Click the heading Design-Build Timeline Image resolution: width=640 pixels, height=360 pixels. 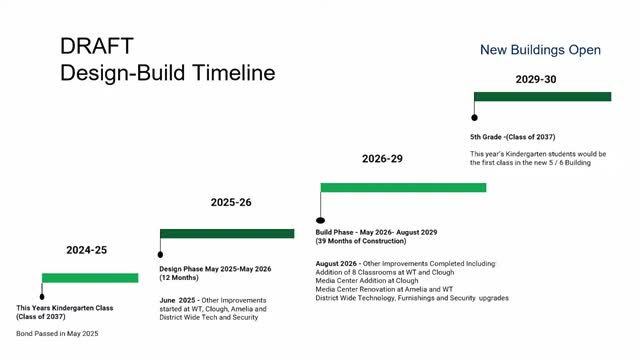click(167, 73)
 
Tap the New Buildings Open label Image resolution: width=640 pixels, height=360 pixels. click(540, 49)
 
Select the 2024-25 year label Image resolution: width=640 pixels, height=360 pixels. click(86, 250)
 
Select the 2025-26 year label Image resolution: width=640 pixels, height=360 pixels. click(231, 202)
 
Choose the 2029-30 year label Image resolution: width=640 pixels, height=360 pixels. click(536, 79)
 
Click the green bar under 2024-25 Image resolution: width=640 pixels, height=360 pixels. click(90, 277)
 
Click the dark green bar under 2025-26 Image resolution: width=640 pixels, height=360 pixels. click(227, 233)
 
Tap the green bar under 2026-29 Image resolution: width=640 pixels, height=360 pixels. click(402, 187)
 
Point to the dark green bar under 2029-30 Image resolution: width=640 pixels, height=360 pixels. click(542, 96)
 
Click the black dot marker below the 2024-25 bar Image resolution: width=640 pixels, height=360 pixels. click(41, 296)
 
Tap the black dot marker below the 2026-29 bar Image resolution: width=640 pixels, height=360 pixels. click(320, 221)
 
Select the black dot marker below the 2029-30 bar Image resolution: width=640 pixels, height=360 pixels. click(475, 117)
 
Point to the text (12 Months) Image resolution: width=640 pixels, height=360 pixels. click(182, 278)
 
